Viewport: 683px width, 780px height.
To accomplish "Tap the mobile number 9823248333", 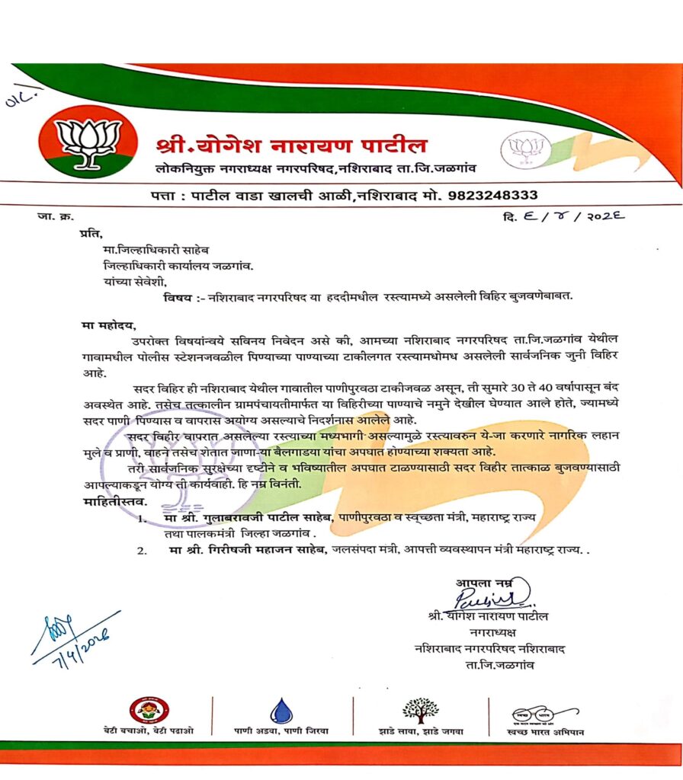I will pos(492,195).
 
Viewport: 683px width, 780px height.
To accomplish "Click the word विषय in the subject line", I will pos(178,296).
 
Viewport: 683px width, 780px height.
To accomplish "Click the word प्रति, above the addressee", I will pos(91,233).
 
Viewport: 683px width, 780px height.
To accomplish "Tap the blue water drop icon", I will pos(281,711).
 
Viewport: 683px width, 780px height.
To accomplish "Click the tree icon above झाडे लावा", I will pos(420,709).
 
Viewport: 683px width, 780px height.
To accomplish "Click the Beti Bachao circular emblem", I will pos(149,710).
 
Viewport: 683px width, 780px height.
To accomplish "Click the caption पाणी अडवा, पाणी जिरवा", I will pos(281,730).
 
